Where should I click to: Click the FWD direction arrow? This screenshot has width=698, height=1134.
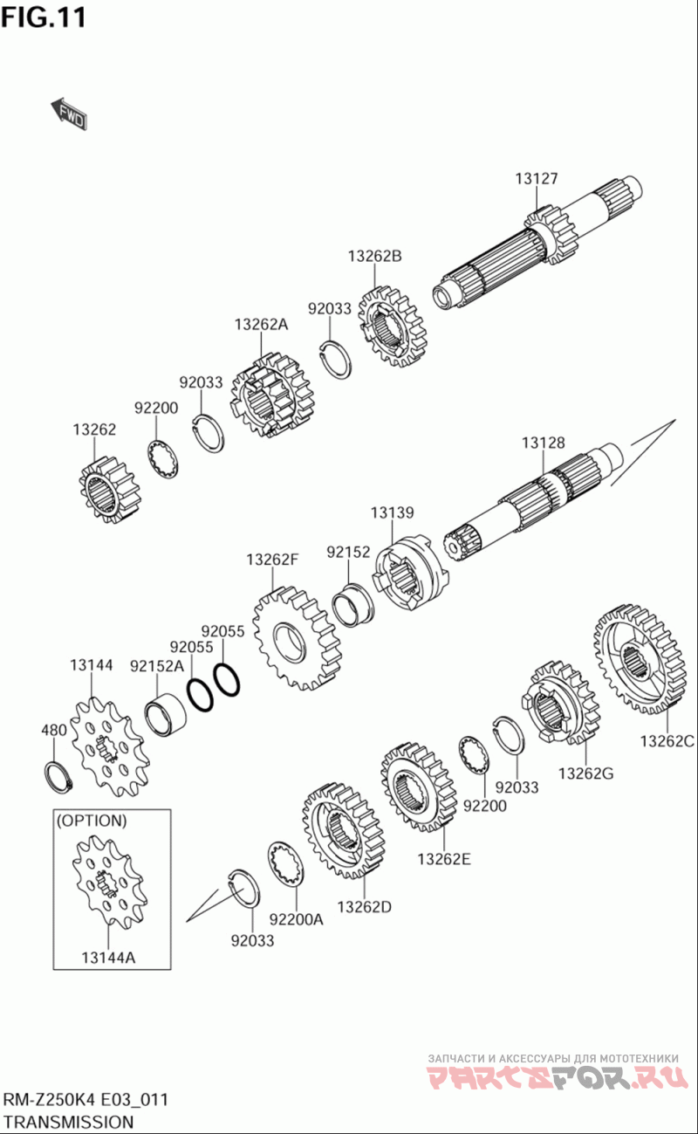(x=69, y=113)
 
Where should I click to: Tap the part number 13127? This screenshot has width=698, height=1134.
(x=537, y=179)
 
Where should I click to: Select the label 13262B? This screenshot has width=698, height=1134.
(x=375, y=256)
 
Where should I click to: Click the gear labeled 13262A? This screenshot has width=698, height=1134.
(x=271, y=395)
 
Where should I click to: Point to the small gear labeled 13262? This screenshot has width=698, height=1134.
(x=109, y=490)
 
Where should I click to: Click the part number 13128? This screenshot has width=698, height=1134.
(x=544, y=443)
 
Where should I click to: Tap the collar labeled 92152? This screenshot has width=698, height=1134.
(x=352, y=604)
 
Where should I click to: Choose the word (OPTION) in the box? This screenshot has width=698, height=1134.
(x=92, y=821)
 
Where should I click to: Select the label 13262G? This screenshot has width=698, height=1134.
(x=585, y=773)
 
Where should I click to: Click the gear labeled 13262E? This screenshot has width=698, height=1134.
(x=419, y=787)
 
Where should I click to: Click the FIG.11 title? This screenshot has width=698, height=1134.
(x=44, y=18)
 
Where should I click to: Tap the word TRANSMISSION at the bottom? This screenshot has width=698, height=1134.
(x=68, y=1122)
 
